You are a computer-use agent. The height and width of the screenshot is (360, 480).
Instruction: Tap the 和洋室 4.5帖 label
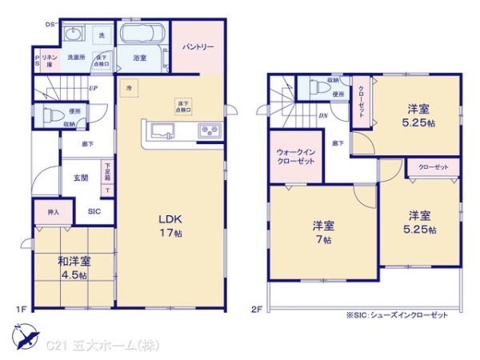[x=73, y=267]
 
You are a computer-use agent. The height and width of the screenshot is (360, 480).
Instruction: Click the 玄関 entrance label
[x=81, y=178]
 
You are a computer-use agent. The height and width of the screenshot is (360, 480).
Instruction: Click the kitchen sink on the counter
[x=162, y=130]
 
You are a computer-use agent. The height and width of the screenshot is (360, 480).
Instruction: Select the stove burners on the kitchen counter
[x=210, y=130]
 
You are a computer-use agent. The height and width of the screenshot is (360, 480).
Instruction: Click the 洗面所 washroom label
[x=77, y=57]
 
